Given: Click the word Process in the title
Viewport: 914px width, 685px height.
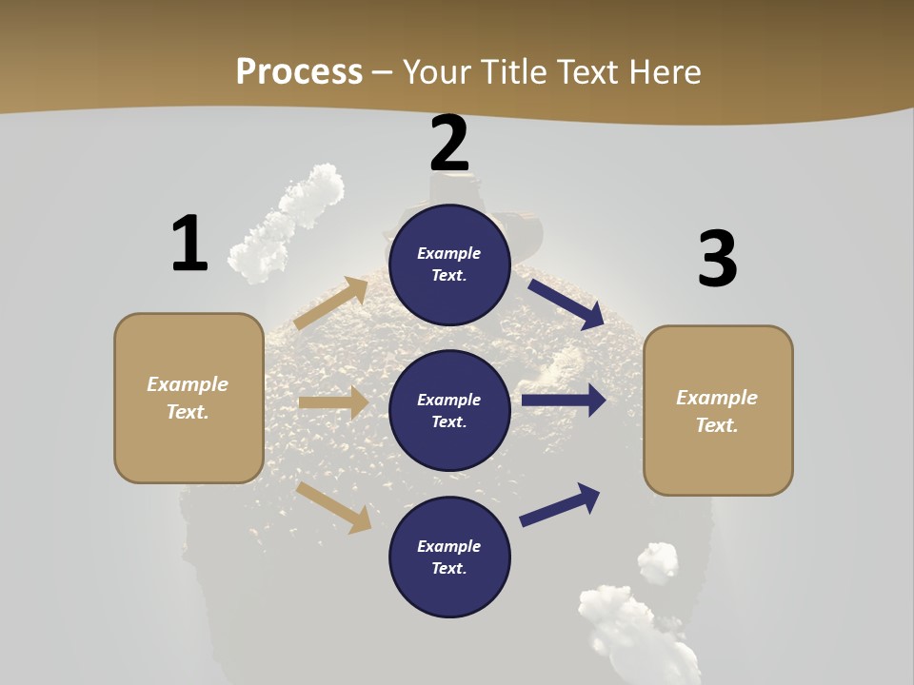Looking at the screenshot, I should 299,71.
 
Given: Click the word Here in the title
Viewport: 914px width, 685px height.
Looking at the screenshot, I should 663,71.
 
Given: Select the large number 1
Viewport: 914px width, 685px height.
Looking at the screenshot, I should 189,244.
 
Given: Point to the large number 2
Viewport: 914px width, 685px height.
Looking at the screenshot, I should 449,143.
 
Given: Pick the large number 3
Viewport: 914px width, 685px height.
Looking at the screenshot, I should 717,259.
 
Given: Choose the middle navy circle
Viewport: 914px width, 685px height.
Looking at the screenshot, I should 449,410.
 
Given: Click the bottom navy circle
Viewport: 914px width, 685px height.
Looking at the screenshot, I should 449,557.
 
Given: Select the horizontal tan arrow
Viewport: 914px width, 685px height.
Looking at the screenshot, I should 333,402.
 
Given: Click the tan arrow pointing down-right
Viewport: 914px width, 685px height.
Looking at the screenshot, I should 334,507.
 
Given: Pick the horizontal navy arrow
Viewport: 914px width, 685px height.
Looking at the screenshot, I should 564,401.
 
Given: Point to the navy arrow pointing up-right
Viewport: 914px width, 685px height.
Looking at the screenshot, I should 561,504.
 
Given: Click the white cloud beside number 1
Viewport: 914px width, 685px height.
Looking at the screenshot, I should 286,224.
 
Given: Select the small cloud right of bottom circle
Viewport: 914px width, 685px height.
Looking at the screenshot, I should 658,560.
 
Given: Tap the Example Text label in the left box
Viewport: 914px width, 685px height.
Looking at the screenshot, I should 188,398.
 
